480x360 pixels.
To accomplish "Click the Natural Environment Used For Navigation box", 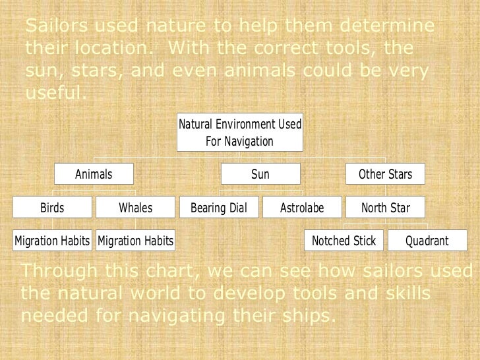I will coord(240,133).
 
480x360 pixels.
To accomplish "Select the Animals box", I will coord(94,174).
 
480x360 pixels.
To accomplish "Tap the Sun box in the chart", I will coord(260,174).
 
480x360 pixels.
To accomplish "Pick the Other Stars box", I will coord(385,174).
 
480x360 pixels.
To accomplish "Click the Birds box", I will coord(52,208).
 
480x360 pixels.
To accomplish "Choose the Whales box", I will coord(135,208).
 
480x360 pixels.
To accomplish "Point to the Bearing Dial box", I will coord(219,208).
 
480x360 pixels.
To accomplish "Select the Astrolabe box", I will coord(302,208).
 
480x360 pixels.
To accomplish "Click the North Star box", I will coord(385,208).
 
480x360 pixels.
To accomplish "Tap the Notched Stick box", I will coord(344,241).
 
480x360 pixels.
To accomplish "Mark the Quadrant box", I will coord(427,241).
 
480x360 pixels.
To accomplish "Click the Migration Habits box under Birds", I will coord(52,241).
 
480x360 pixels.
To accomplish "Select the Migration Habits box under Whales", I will coord(135,241).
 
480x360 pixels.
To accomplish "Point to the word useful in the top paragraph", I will coord(54,92).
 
